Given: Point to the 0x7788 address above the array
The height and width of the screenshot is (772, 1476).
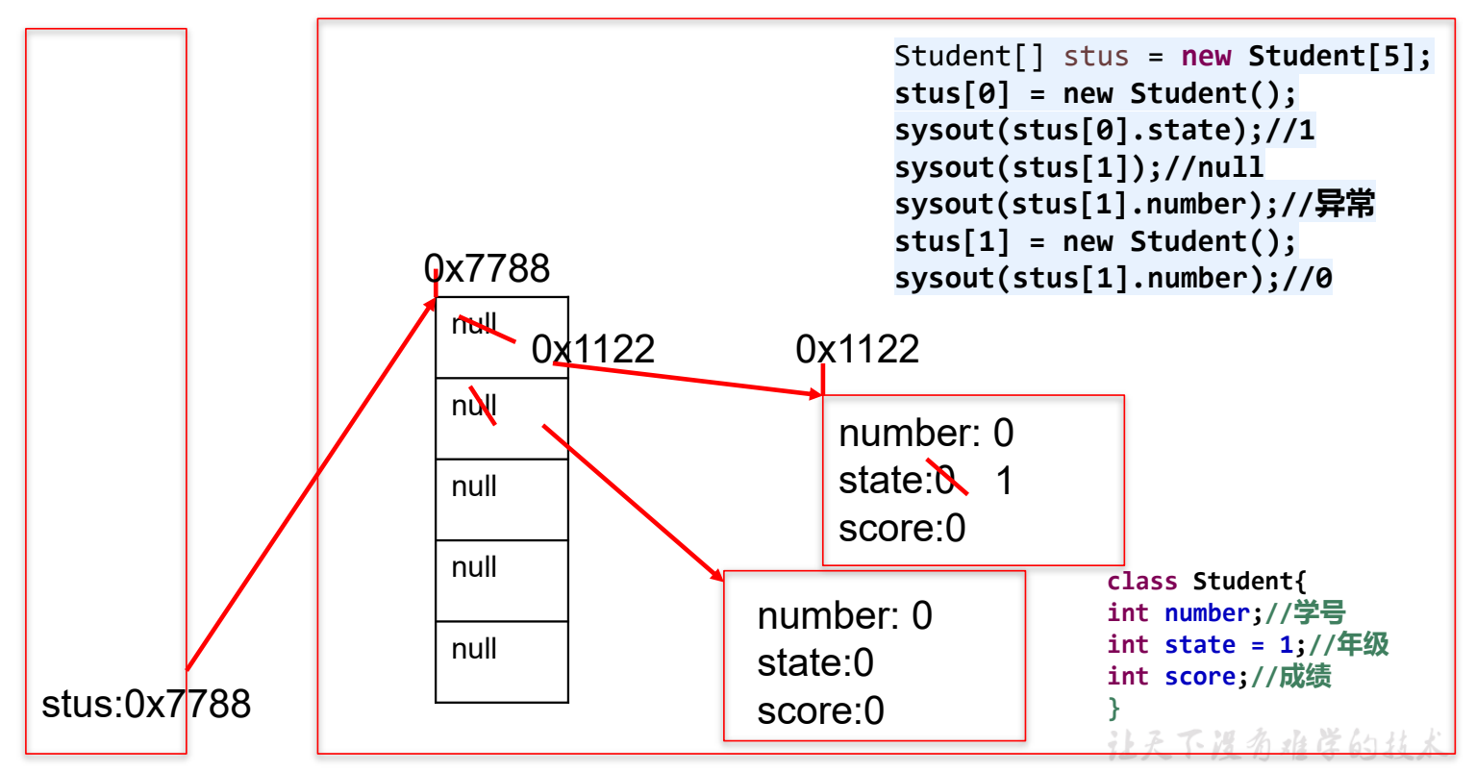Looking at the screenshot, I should [x=487, y=268].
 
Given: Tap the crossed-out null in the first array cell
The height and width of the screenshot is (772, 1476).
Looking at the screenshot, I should [x=474, y=324].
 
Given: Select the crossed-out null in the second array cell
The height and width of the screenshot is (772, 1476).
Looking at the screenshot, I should [x=474, y=406].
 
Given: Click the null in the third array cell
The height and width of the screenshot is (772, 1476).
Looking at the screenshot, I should [x=474, y=486].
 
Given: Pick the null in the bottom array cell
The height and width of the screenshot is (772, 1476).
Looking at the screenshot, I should [x=474, y=649].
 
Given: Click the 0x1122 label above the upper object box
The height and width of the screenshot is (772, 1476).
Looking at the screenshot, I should [x=857, y=349].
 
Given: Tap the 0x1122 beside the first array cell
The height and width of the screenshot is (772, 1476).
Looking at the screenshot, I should [x=592, y=349].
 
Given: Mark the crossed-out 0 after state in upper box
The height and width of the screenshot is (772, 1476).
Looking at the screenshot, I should [x=944, y=480].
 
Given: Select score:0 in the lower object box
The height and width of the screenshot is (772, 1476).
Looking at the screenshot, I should [x=820, y=711].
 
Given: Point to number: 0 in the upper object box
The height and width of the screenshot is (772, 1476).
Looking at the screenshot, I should [x=926, y=434].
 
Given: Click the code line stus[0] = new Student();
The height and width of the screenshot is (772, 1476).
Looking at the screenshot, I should [x=1095, y=94].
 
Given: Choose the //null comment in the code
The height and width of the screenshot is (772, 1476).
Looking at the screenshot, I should [x=1213, y=167].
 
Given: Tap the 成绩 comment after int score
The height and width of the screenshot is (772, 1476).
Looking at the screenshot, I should [x=1305, y=677].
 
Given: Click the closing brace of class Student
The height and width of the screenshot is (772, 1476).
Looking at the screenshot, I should [x=1113, y=709].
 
